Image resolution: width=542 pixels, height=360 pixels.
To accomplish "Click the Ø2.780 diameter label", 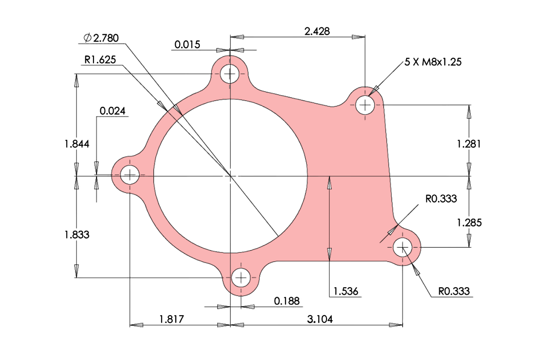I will point(101,38).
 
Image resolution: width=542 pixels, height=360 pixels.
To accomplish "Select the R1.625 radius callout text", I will point(100,60).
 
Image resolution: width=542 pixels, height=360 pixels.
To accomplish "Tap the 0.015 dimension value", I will point(187,45).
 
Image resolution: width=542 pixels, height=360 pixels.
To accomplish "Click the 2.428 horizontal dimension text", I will point(317,31).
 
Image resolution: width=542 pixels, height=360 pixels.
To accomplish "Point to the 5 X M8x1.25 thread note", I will point(433,62).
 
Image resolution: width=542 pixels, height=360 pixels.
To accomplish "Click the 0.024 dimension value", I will point(112,111).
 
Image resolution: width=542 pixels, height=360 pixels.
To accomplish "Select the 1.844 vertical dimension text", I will point(77,144).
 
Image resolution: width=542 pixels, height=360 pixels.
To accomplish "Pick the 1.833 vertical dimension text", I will point(77,235).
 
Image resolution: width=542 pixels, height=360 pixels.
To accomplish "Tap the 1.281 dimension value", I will point(469,144).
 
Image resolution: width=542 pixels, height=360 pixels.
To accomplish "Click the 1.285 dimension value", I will point(469,223).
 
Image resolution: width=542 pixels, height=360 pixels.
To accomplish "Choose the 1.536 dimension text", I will point(346,291).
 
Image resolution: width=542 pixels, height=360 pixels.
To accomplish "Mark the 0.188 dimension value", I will point(286,301).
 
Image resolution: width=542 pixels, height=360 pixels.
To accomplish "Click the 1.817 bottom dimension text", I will point(172,319).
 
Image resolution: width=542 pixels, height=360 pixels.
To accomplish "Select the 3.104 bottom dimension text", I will point(320,319).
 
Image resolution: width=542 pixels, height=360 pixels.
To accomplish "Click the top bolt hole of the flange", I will point(230,74).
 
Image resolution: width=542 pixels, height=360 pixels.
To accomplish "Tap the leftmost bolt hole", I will point(130,175).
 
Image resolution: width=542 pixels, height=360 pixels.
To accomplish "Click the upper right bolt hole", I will point(365,105).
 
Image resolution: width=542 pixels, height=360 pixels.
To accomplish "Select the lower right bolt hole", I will point(403,247).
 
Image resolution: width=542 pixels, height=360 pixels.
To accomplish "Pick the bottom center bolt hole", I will point(241,278).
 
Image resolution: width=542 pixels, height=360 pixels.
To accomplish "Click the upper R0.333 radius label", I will point(441,199).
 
